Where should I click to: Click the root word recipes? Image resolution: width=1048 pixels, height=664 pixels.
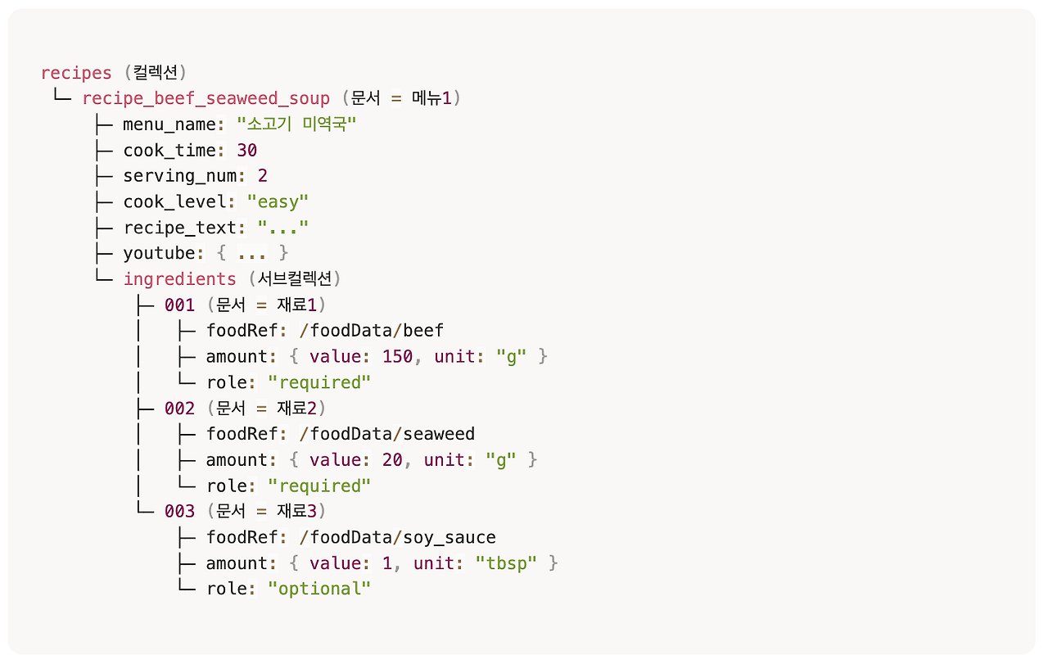click(x=76, y=73)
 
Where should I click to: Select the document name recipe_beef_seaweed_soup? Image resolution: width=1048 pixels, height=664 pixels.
click(x=206, y=99)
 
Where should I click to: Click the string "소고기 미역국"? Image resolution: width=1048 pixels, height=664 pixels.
click(x=297, y=125)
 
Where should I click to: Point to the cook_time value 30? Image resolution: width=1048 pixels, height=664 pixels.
click(x=247, y=151)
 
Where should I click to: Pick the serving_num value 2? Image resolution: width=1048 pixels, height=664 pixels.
click(x=263, y=176)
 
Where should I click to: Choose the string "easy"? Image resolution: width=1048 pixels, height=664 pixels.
click(x=278, y=202)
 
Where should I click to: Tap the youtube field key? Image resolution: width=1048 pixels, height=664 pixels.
click(x=160, y=254)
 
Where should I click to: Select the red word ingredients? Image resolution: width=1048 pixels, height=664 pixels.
click(x=179, y=279)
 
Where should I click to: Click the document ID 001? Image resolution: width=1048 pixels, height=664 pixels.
click(x=180, y=305)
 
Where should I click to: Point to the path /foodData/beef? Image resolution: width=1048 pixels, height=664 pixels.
click(x=372, y=331)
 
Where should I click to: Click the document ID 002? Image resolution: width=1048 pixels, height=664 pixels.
click(x=180, y=408)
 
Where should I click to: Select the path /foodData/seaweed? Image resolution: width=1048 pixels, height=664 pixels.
click(x=387, y=434)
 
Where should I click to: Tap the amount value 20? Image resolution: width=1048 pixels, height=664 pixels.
click(x=392, y=460)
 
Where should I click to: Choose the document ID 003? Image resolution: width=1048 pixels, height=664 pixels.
click(x=180, y=512)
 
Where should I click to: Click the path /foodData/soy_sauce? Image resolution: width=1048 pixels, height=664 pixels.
click(x=398, y=537)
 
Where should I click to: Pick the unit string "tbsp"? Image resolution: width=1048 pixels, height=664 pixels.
click(x=506, y=563)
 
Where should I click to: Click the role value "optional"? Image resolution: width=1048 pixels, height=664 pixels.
click(x=320, y=589)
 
